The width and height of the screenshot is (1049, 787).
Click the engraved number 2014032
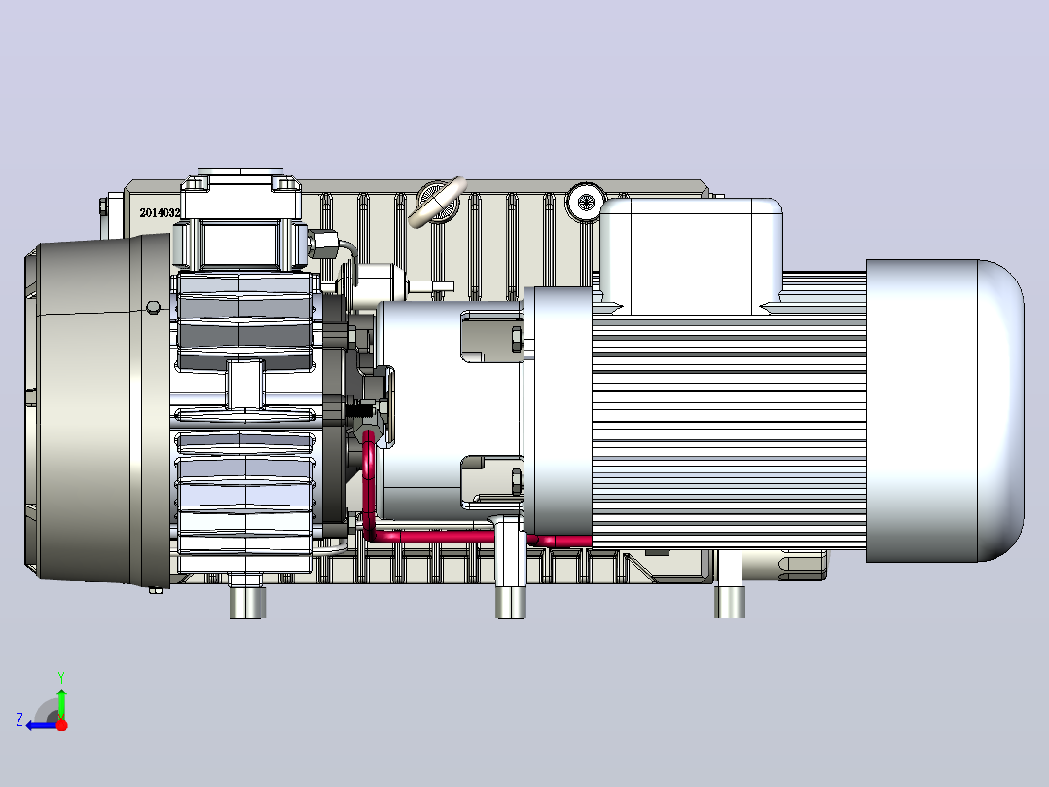[x=160, y=213]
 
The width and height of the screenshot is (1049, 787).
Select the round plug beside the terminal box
[x=586, y=202]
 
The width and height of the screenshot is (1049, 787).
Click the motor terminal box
[x=692, y=256]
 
